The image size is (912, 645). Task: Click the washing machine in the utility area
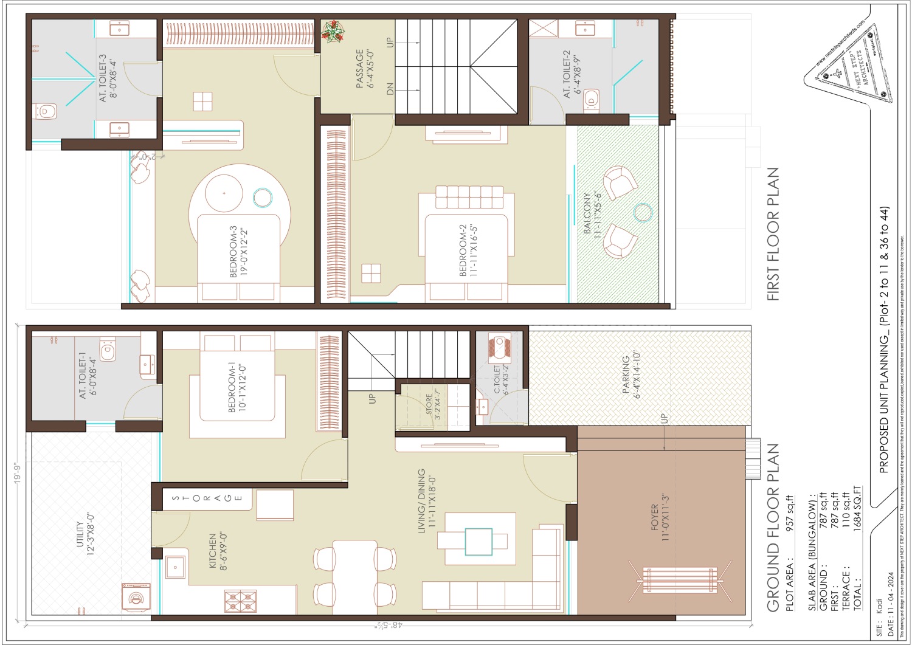[135, 597]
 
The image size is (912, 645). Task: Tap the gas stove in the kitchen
[240, 601]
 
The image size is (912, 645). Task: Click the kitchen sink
[175, 567]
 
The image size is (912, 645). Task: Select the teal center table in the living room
[478, 542]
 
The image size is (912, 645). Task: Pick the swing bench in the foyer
[679, 581]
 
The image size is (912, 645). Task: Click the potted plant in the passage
[332, 31]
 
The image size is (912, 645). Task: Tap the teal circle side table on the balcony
[643, 213]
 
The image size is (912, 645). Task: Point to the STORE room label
[432, 405]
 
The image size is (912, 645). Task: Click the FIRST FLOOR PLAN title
[772, 234]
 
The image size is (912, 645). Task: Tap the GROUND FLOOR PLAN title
[772, 527]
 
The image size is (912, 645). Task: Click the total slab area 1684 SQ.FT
[857, 508]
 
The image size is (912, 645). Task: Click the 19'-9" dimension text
[18, 473]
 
